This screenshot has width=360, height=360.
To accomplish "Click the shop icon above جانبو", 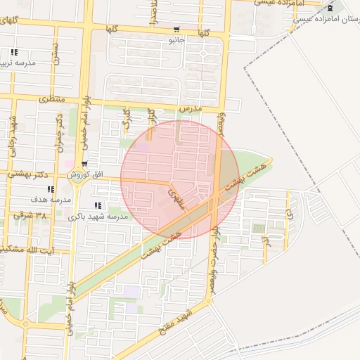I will point(175,30).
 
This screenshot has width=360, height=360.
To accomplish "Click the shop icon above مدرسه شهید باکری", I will point(97,206).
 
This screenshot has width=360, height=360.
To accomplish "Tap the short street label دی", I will point(288,209).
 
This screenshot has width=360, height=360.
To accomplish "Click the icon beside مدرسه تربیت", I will point(13,53).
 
